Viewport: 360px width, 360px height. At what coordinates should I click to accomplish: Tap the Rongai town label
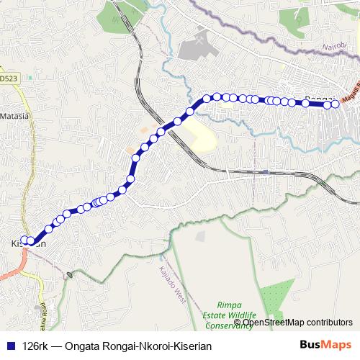click(x=318, y=99)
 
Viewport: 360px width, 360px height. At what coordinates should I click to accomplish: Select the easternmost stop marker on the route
click(x=335, y=104)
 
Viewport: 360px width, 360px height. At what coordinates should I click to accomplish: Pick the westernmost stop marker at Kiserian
click(x=24, y=240)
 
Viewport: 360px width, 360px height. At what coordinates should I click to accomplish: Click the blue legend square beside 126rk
click(x=10, y=346)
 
